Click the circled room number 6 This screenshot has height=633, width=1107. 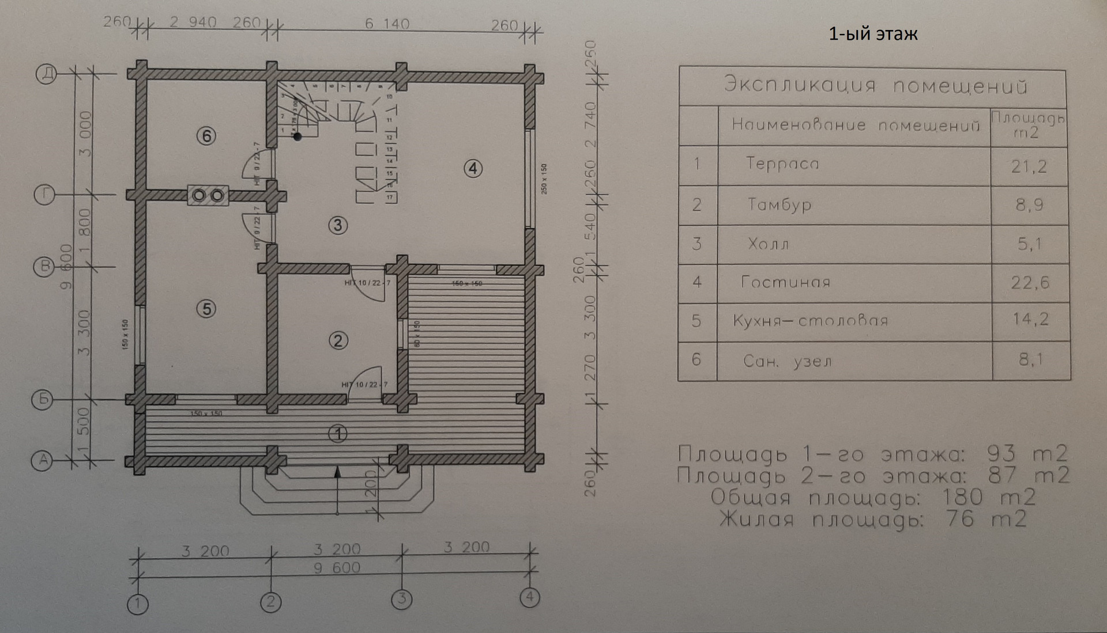tap(206, 136)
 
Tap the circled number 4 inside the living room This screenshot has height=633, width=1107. tap(473, 168)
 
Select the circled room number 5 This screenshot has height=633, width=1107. tap(206, 309)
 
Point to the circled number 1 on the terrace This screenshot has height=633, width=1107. tap(338, 434)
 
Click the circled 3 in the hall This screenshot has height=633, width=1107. tap(338, 225)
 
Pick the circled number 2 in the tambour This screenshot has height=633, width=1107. tap(338, 340)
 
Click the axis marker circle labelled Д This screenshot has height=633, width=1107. tap(47, 74)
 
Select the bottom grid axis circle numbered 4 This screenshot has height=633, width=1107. tap(530, 597)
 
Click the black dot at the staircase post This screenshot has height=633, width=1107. tap(298, 137)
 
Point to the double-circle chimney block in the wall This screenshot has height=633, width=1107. tap(208, 196)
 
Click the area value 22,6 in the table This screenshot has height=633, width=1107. tap(1030, 283)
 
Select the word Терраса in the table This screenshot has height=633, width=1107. tap(782, 164)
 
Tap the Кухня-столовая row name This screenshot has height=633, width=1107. tap(810, 321)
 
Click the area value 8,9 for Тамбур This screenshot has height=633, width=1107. tap(1030, 204)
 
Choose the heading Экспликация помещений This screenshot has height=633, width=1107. tap(875, 85)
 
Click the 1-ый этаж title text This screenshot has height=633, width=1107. tap(873, 34)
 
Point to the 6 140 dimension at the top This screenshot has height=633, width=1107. tap(387, 24)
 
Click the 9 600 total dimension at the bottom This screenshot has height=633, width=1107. tap(337, 568)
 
